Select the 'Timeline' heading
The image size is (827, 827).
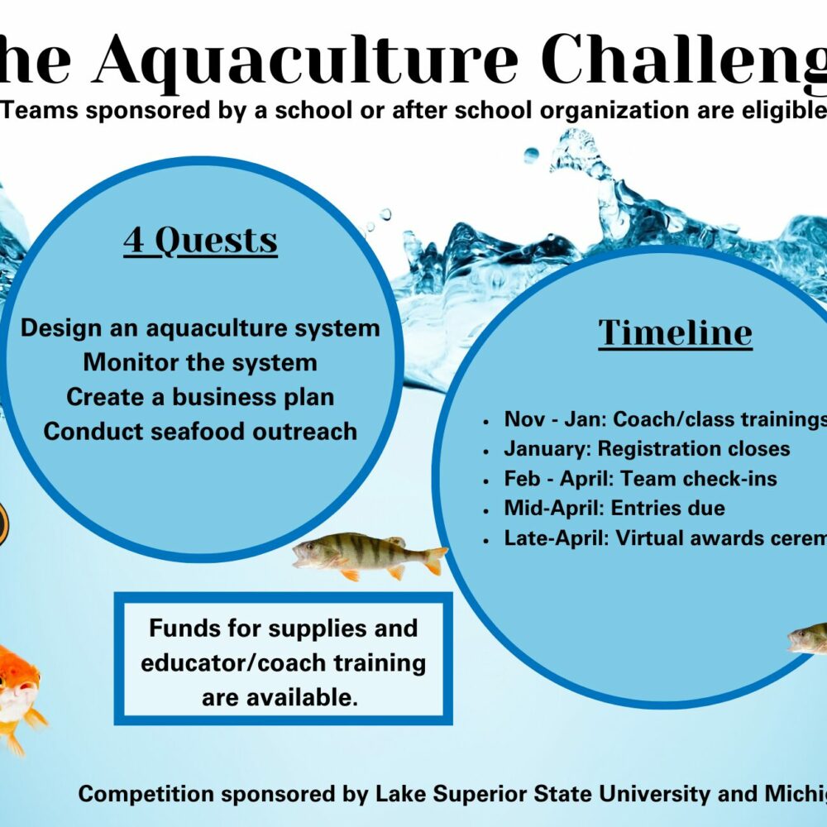pyautogui.click(x=675, y=332)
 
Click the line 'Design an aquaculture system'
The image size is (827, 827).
pyautogui.click(x=200, y=327)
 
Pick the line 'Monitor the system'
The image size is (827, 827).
pyautogui.click(x=200, y=362)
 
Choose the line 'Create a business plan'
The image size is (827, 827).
pyautogui.click(x=200, y=397)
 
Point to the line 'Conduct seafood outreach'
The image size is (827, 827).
pyautogui.click(x=200, y=431)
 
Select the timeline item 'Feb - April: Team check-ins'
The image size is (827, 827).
pyautogui.click(x=640, y=479)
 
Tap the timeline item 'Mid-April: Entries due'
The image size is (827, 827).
pyautogui.click(x=614, y=509)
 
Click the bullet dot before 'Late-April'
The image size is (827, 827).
pyautogui.click(x=487, y=539)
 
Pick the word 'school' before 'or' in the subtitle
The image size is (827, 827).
pyautogui.click(x=277, y=111)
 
